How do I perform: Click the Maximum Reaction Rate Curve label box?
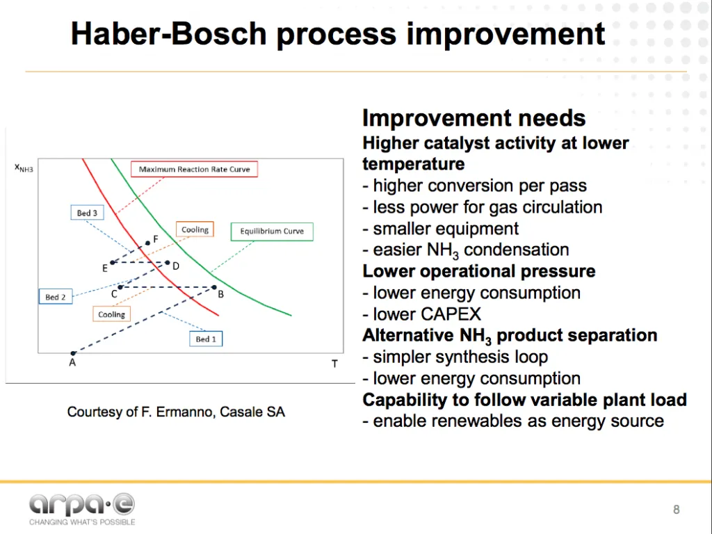point(195,169)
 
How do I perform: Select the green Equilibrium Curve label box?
point(272,231)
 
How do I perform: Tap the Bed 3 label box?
point(87,213)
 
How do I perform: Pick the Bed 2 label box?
point(56,296)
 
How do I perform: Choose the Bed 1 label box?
point(206,339)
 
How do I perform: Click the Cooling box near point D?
point(195,229)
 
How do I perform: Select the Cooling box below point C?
point(112,314)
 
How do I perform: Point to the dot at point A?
point(73,353)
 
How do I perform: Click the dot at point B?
point(214,287)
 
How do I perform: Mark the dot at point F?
point(147,243)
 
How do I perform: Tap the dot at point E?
point(112,262)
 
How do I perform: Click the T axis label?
point(334,364)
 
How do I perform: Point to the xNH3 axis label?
point(24,168)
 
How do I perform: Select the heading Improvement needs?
point(474,118)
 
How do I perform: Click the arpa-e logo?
point(82,509)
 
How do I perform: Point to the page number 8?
point(676,510)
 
